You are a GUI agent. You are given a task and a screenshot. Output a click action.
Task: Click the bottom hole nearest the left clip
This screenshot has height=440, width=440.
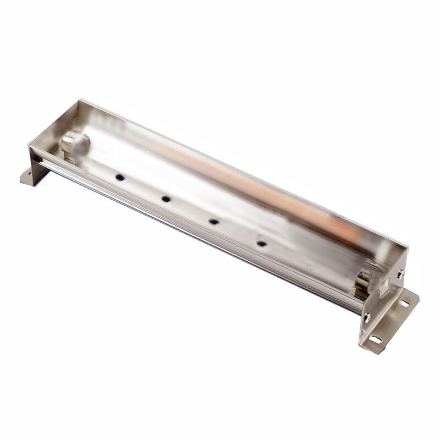(119, 178)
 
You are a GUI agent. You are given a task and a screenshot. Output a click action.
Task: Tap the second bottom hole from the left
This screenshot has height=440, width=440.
(165, 199)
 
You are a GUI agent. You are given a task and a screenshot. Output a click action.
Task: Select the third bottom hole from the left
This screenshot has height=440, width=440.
(213, 221)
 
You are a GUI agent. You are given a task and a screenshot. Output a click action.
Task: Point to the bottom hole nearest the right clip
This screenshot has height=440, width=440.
(261, 243)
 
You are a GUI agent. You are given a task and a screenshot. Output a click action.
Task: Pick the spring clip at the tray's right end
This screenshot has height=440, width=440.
(364, 286)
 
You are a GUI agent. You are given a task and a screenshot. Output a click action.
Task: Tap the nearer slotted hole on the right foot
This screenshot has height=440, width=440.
(376, 339)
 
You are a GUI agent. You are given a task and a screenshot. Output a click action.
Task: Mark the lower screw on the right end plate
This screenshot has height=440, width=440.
(367, 316)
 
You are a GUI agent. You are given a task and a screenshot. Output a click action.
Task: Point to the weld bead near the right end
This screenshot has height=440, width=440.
(375, 265)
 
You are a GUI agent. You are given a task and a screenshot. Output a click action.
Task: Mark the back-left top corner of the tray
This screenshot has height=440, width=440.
(80, 100)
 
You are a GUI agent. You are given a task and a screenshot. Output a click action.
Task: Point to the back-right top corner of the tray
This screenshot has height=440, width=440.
(408, 246)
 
